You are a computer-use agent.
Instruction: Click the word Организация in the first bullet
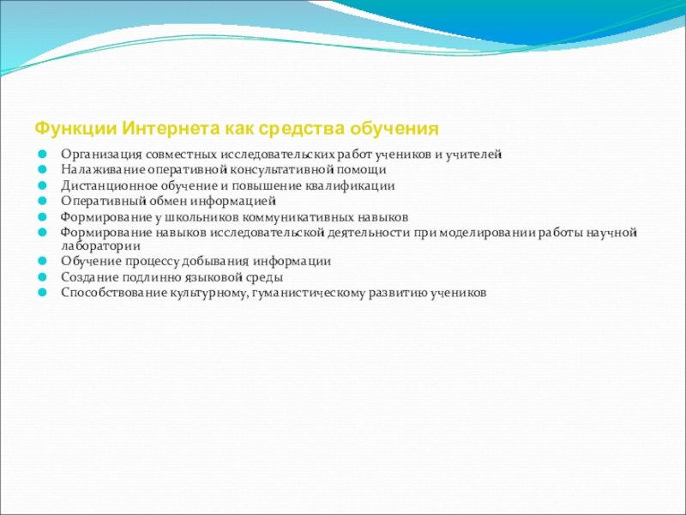click(x=101, y=154)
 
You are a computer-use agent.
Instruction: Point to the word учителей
click(x=473, y=154)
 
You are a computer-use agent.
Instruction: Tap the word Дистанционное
click(x=109, y=185)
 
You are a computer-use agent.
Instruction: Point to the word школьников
click(x=202, y=217)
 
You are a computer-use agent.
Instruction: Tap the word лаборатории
click(x=100, y=246)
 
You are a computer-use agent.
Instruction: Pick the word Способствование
click(x=114, y=293)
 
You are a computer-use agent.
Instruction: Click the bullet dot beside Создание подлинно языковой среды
click(x=42, y=276)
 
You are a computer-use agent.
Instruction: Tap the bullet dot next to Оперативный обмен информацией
click(x=42, y=201)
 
